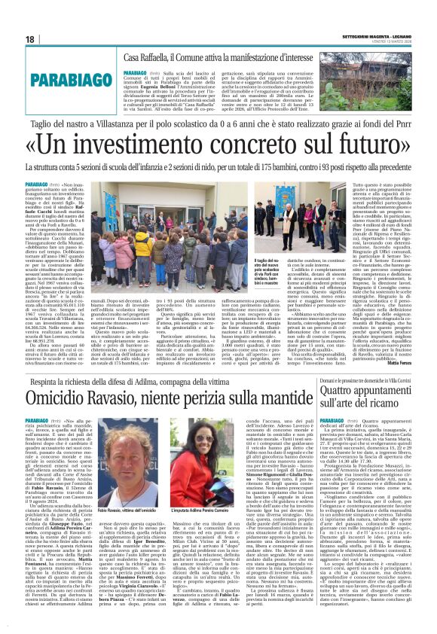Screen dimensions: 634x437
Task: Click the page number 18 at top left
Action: (30, 39)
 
